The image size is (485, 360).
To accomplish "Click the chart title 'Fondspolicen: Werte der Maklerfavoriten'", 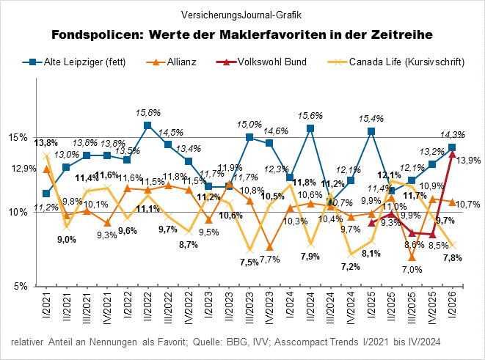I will point(242,34).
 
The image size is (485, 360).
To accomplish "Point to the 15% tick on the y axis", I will point(18,137).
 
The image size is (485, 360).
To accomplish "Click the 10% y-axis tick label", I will point(18,212).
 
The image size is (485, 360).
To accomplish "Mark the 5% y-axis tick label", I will point(20,286).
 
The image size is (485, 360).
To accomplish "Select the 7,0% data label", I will point(412,269).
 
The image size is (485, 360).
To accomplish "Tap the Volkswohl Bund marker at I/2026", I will point(453,153).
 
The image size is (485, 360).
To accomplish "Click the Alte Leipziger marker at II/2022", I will point(148,125).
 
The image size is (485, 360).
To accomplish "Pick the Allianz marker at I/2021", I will point(47,169).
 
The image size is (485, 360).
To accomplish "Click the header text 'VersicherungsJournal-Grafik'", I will point(242,15).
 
